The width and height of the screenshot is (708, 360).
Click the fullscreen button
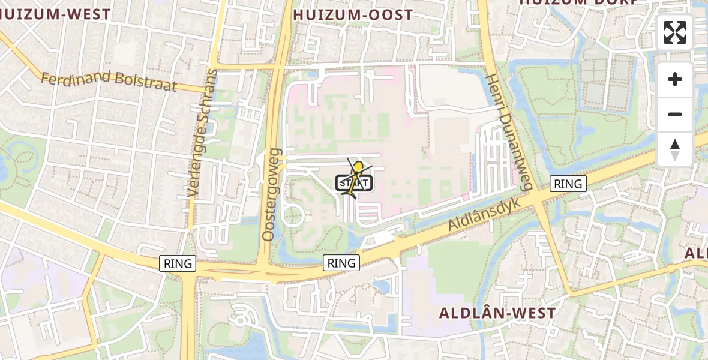click(x=675, y=32)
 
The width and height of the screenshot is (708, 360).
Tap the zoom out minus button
click(x=675, y=114)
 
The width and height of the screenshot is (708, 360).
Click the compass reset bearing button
click(x=675, y=149)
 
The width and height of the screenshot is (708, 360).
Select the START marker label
click(x=355, y=183)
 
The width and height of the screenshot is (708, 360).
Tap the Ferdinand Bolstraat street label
click(x=109, y=81)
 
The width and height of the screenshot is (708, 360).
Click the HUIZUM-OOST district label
click(x=353, y=15)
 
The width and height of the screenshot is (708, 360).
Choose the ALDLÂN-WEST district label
click(x=497, y=313)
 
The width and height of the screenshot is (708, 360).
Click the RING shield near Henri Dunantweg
click(x=568, y=184)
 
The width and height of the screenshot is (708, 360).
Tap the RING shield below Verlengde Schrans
click(x=178, y=263)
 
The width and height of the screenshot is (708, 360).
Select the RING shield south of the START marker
click(x=341, y=262)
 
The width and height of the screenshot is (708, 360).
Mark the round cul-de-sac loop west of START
click(x=293, y=214)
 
